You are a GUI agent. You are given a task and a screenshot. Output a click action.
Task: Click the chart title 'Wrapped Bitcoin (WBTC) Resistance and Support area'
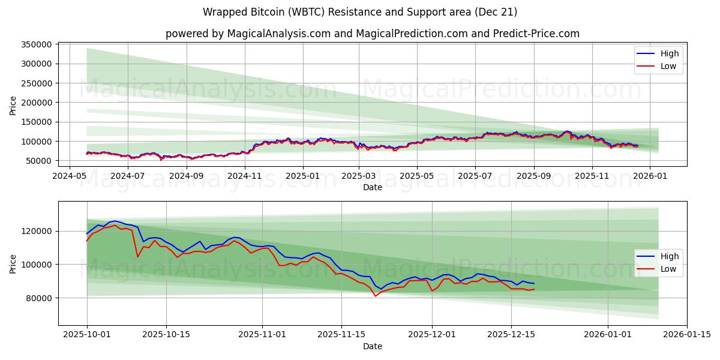[360, 12]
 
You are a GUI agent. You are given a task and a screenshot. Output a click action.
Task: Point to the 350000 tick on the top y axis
[36, 44]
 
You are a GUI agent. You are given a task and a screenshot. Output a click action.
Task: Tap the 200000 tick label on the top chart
[36, 103]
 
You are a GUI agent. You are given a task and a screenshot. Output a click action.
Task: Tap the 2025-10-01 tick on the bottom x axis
[87, 335]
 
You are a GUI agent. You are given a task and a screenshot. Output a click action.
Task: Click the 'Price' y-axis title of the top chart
[13, 105]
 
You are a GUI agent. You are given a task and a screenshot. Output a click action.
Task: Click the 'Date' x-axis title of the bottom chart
[372, 346]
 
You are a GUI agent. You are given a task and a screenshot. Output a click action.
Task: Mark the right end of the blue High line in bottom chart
[534, 283]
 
